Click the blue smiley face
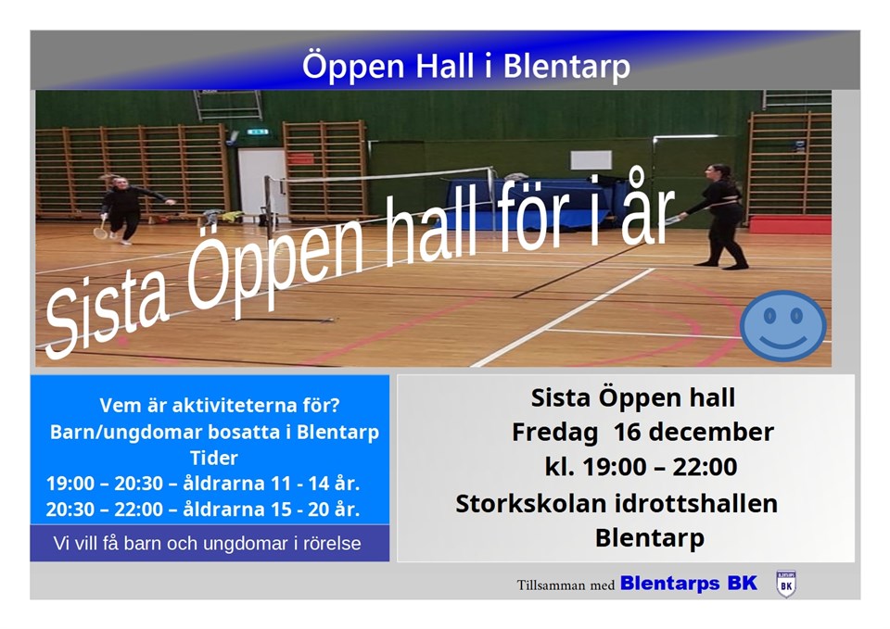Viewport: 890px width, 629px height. (x=783, y=326)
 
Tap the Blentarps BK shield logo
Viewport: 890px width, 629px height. (x=786, y=585)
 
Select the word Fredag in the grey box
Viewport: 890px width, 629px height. (x=554, y=433)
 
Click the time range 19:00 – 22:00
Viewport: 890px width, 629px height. (x=659, y=467)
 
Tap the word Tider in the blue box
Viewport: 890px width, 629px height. (x=213, y=458)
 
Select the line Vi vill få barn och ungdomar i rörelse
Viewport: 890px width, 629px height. (x=207, y=544)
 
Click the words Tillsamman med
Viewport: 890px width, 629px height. (x=566, y=585)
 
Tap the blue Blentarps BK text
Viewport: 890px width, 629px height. (x=689, y=583)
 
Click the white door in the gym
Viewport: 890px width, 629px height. (x=261, y=182)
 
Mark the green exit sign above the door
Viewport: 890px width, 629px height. (x=257, y=132)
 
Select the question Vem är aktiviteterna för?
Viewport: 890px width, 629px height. (x=219, y=406)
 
